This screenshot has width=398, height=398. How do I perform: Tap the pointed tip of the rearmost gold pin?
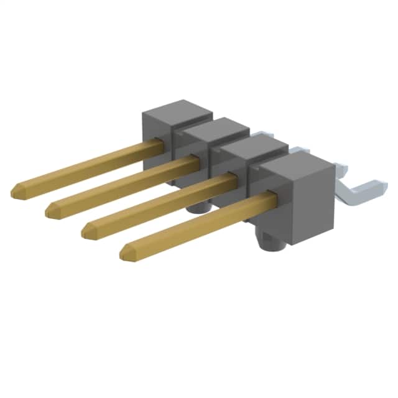click(14, 190)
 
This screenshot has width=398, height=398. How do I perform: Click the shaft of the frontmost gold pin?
click(199, 223)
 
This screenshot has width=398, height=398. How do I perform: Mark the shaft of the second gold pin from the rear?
click(124, 184)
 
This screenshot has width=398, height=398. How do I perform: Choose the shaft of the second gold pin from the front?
click(162, 203)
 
